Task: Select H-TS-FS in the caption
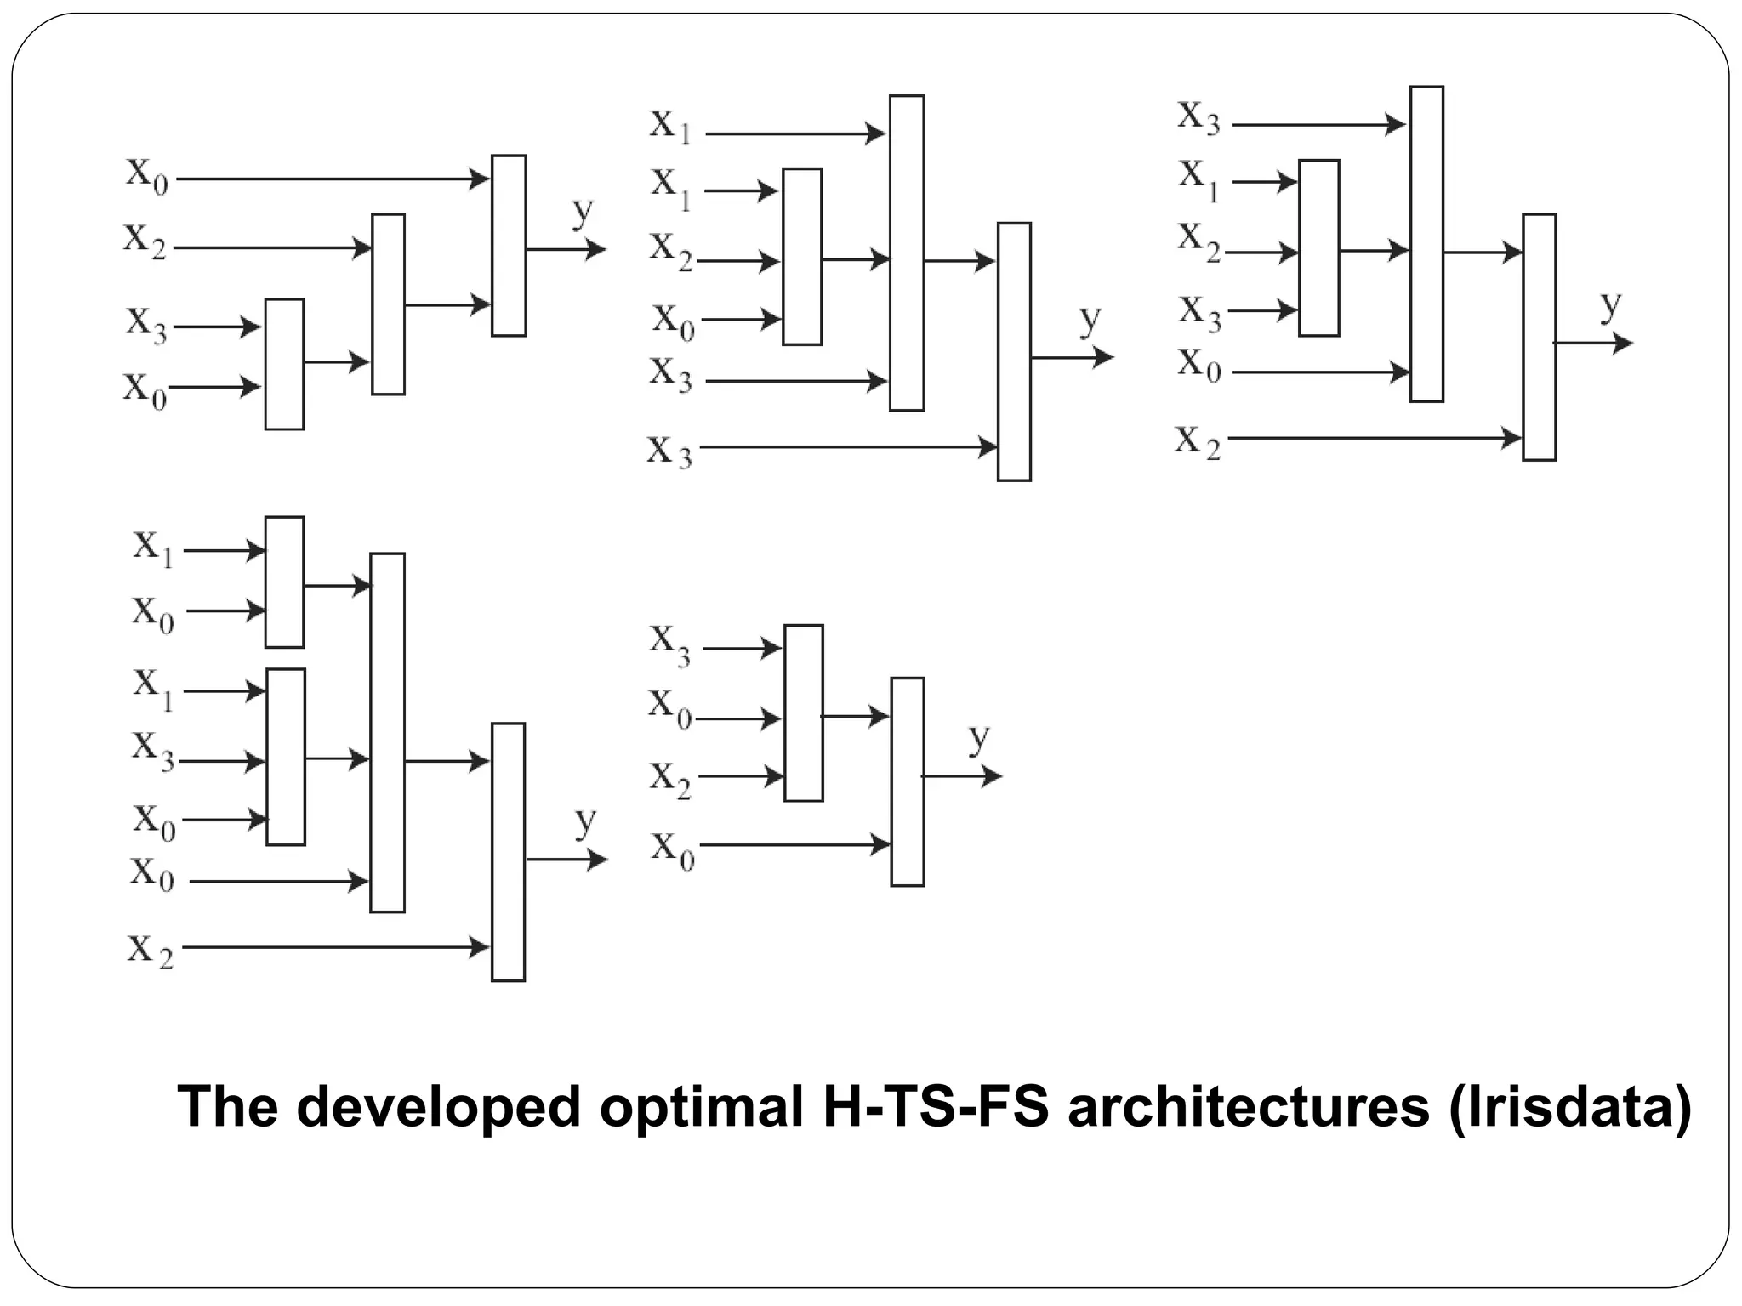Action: click(936, 1106)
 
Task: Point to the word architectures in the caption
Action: click(1248, 1106)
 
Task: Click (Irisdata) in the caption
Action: click(1569, 1108)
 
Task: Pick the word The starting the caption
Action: click(227, 1106)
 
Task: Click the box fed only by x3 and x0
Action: click(284, 364)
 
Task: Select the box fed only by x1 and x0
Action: click(284, 582)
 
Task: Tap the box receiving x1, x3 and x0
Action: click(286, 757)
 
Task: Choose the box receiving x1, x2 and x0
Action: click(802, 257)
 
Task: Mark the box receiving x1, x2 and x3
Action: click(1319, 248)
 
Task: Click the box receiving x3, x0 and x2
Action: click(804, 713)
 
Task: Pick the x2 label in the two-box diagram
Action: click(670, 779)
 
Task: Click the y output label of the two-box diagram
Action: click(980, 738)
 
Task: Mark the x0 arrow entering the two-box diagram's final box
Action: click(794, 845)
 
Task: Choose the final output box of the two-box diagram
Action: click(908, 782)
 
